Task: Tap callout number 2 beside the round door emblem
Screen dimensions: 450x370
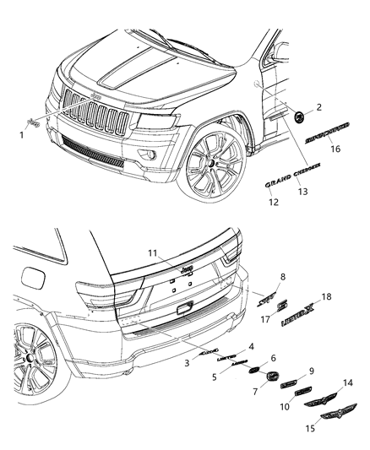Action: [318, 107]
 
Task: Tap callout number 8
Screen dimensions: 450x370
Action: [281, 276]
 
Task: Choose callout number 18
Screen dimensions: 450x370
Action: [327, 298]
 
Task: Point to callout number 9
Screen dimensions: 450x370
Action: [310, 370]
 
